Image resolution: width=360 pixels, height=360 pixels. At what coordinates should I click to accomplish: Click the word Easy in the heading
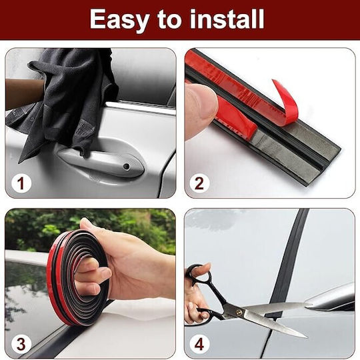119,20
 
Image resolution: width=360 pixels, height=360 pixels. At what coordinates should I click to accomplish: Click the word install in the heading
227,19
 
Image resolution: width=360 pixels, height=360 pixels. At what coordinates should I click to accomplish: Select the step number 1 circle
21,183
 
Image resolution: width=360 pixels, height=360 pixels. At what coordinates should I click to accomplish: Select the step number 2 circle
199,183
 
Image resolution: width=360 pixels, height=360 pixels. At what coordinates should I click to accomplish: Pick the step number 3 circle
21,344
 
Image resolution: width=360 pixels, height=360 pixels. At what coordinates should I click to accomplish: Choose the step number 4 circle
199,344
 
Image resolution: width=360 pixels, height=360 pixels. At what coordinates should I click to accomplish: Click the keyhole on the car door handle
126,166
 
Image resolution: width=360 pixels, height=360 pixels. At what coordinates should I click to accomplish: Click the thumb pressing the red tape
200,110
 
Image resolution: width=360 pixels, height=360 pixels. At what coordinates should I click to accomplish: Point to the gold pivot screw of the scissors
239,312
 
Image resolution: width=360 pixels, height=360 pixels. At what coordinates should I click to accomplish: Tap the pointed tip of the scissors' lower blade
307,337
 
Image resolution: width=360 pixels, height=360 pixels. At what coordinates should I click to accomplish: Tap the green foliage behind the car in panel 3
92,229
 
